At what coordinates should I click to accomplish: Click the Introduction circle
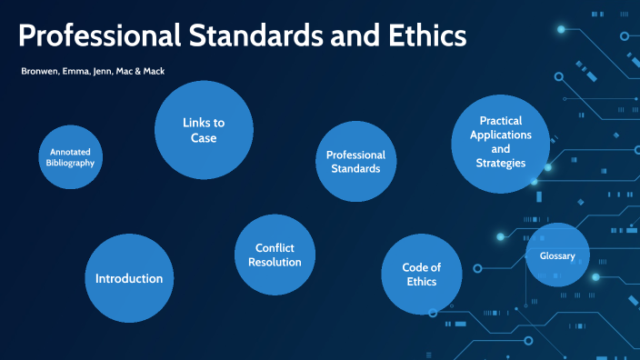pyautogui.click(x=129, y=278)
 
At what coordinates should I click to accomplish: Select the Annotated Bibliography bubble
pyautogui.click(x=70, y=156)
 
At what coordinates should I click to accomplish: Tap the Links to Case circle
pyautogui.click(x=203, y=130)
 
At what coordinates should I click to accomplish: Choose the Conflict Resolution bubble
pyautogui.click(x=275, y=255)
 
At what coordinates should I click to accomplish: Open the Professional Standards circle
pyautogui.click(x=355, y=162)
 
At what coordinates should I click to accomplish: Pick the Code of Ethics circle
pyautogui.click(x=422, y=274)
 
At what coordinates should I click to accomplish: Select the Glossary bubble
pyautogui.click(x=557, y=255)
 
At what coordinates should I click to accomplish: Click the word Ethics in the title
pyautogui.click(x=423, y=35)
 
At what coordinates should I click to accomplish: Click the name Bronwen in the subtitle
pyautogui.click(x=37, y=70)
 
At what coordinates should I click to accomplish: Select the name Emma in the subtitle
pyautogui.click(x=74, y=70)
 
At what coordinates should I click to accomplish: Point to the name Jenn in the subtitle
pyautogui.click(x=102, y=70)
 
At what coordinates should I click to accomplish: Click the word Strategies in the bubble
pyautogui.click(x=500, y=163)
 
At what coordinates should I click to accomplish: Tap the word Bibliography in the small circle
pyautogui.click(x=70, y=162)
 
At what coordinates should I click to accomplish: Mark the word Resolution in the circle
pyautogui.click(x=275, y=262)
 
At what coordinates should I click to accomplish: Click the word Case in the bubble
pyautogui.click(x=203, y=138)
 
